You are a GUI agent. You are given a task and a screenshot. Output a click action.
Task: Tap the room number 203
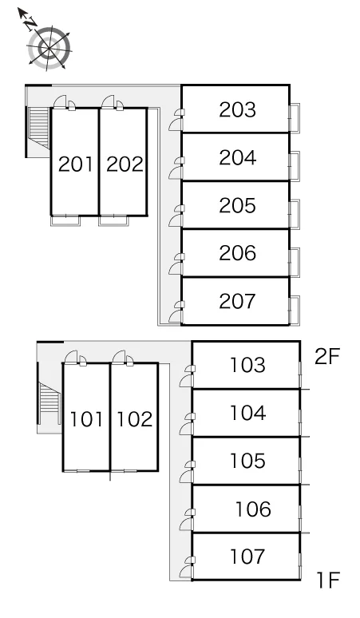click(238, 109)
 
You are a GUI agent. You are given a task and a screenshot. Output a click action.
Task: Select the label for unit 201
click(76, 164)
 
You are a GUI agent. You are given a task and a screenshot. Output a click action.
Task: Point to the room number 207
click(238, 301)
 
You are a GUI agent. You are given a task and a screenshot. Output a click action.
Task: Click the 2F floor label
click(327, 357)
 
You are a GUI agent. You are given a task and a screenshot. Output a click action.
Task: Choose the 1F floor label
click(329, 580)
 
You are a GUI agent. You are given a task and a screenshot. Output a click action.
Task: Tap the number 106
click(253, 509)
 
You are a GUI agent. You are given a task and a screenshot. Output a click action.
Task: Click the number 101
click(86, 418)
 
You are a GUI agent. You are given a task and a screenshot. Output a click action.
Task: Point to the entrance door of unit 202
click(108, 101)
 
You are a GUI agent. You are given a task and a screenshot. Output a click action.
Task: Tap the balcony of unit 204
click(295, 166)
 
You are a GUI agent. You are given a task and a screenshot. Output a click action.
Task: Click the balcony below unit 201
click(65, 220)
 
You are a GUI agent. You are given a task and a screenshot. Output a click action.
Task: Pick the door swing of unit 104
click(186, 429)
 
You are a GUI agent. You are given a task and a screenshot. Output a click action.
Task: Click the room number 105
click(247, 461)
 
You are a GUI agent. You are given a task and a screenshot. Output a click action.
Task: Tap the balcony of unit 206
click(295, 263)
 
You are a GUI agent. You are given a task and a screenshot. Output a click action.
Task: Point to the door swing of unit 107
click(186, 572)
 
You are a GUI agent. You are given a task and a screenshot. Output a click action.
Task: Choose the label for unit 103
click(247, 365)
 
